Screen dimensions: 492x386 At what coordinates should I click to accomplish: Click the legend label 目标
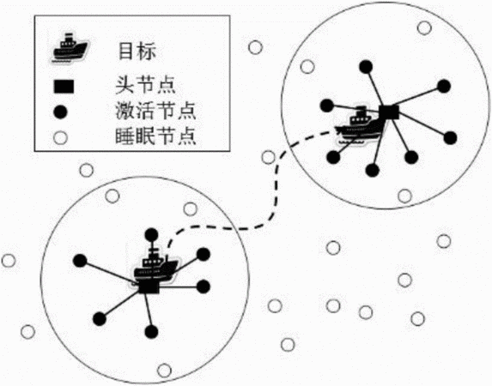tap(137, 51)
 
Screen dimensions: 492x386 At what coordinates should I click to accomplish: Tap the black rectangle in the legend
tap(64, 87)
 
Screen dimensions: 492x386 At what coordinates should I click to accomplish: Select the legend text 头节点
tap(145, 84)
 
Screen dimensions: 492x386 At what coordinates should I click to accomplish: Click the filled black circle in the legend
tap(60, 112)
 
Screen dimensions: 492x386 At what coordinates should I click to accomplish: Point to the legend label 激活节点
tap(155, 110)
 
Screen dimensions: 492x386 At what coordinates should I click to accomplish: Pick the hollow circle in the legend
tap(60, 137)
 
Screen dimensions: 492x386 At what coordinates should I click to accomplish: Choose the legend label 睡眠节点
tap(155, 136)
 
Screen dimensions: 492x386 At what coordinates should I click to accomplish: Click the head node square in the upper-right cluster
tap(389, 112)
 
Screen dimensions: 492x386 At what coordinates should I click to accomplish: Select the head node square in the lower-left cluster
tap(149, 286)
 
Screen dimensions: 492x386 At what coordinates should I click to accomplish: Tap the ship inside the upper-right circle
tap(360, 125)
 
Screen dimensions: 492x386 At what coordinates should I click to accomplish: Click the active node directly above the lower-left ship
tap(152, 235)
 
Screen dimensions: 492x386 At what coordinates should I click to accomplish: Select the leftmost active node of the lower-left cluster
tap(80, 261)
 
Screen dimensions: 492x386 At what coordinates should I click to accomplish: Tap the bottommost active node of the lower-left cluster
tap(152, 332)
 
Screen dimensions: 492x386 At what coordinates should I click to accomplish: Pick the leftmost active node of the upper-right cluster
tap(327, 106)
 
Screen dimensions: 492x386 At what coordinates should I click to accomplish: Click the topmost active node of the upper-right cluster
tap(366, 66)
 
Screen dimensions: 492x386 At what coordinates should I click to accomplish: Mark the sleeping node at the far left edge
tap(9, 261)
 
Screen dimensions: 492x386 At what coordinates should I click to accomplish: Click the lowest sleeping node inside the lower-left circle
tap(164, 371)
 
